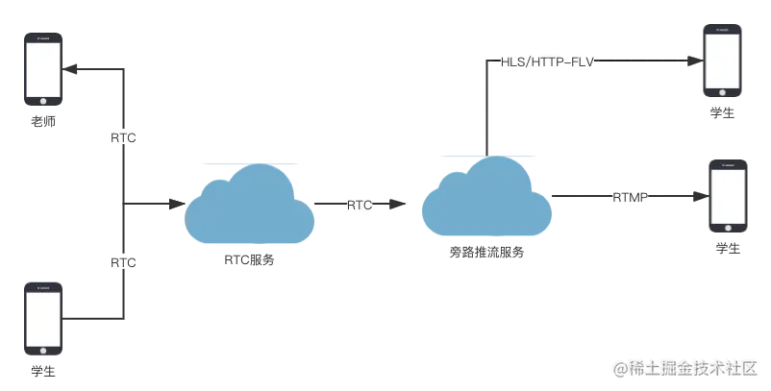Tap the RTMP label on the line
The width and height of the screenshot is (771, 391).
point(632,198)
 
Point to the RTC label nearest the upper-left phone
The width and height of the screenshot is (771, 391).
point(123,138)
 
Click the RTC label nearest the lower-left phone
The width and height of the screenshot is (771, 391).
point(123,261)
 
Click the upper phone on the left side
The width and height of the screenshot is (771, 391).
point(43,68)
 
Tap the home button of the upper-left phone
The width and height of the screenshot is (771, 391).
point(43,101)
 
